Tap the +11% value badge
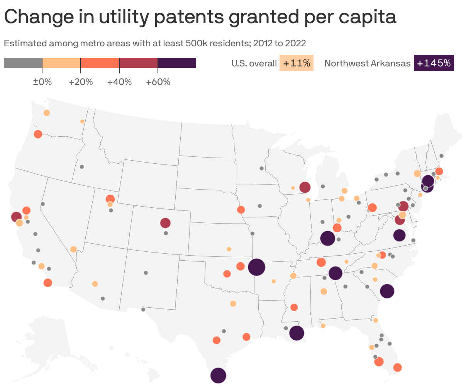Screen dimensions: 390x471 (296, 63)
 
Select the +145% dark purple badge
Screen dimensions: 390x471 (434, 63)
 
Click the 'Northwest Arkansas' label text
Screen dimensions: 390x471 (367, 63)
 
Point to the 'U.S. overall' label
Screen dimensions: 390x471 (254, 63)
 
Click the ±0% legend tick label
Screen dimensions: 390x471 (42, 82)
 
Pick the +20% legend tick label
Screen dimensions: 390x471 (81, 82)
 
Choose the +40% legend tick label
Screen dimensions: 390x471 (119, 82)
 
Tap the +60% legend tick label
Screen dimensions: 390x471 (158, 82)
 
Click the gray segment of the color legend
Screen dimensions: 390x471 (23, 63)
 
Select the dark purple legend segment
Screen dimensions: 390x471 (177, 63)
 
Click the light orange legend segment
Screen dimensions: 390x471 (61, 63)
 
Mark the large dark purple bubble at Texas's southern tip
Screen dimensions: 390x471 (218, 375)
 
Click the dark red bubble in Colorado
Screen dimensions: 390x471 (165, 223)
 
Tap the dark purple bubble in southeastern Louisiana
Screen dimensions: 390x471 (296, 333)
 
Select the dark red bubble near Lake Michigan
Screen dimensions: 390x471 (305, 187)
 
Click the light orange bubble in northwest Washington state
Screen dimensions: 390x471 (47, 113)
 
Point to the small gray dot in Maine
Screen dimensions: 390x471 (442, 156)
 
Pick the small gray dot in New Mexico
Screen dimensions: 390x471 (146, 273)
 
